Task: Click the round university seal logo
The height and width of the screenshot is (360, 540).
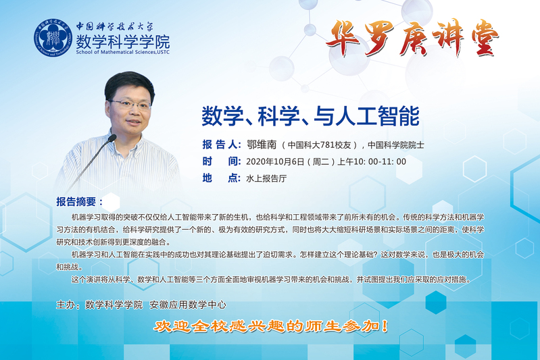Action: [x=53, y=38]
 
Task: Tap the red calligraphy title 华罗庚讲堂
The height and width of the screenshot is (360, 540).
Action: [x=412, y=38]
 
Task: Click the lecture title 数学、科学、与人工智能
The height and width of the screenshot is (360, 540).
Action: [x=310, y=116]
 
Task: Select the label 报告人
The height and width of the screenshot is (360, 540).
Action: [x=222, y=145]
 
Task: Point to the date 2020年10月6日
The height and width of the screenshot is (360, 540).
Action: [x=275, y=161]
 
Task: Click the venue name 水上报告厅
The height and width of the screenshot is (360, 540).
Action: [x=266, y=178]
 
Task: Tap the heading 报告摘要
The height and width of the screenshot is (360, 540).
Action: [x=79, y=202]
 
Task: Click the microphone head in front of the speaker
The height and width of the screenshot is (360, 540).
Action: [x=112, y=138]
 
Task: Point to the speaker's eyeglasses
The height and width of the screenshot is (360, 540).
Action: [x=131, y=103]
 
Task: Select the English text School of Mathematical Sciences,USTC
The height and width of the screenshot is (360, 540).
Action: [x=123, y=52]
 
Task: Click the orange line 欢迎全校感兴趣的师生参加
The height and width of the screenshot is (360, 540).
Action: [x=270, y=326]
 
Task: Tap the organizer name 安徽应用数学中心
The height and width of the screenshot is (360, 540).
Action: [x=188, y=305]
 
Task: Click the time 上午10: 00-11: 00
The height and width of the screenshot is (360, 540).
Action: [x=372, y=161]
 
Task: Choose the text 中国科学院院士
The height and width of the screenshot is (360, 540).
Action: [x=395, y=145]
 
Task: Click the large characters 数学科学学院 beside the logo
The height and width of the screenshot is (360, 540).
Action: [x=123, y=41]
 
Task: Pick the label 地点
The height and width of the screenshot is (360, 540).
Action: [x=222, y=178]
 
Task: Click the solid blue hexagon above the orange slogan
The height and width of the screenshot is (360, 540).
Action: [x=436, y=302]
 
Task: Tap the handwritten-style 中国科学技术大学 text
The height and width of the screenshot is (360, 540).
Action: [x=115, y=26]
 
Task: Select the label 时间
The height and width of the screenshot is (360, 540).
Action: [x=222, y=161]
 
